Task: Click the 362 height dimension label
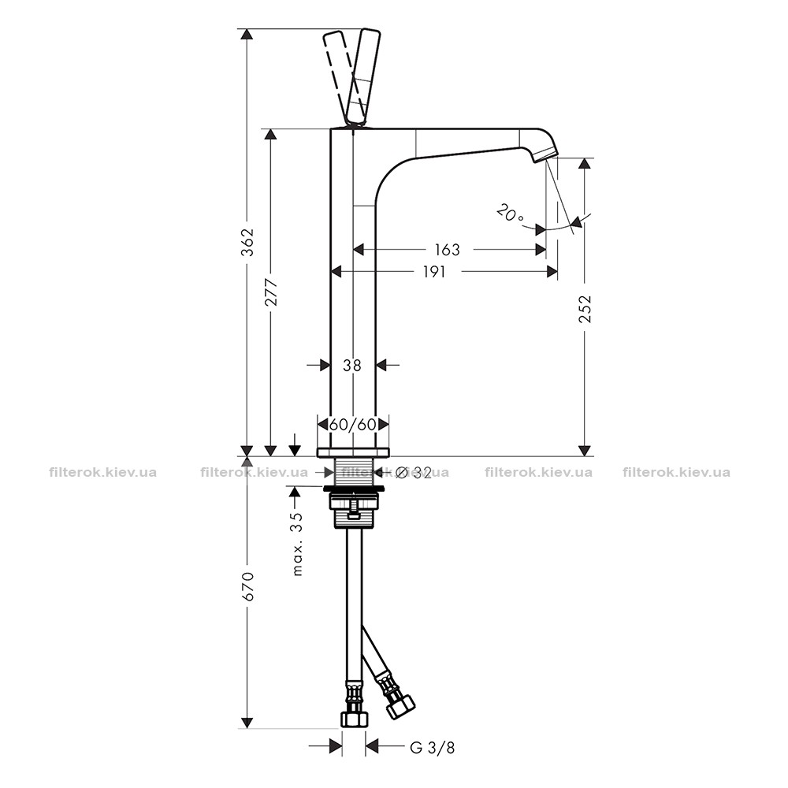click(247, 242)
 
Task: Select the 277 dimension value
click(271, 292)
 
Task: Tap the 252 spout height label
click(585, 309)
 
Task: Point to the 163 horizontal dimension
click(447, 250)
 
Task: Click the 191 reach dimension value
click(433, 272)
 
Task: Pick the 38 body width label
click(351, 366)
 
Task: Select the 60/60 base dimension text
click(353, 425)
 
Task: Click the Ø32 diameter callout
click(413, 472)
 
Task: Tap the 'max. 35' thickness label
click(298, 544)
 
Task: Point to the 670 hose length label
click(247, 586)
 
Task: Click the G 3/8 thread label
click(432, 748)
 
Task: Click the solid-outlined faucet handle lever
click(362, 79)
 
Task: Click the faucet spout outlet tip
click(545, 155)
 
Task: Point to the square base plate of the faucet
click(353, 452)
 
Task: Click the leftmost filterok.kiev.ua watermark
click(103, 472)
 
